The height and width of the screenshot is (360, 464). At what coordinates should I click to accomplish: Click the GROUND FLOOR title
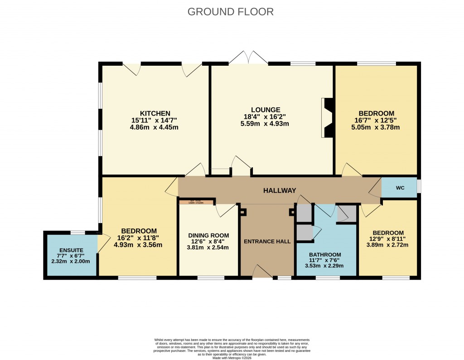pos(231,12)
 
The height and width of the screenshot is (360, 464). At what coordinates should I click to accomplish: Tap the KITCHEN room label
pos(155,113)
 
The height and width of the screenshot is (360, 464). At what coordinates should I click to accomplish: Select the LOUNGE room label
pos(266,110)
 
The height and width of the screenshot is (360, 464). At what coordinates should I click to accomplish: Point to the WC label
pos(400,188)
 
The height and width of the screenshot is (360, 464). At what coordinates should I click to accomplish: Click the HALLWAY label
pos(280,191)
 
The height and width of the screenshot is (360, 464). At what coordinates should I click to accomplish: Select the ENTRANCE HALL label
pos(267,241)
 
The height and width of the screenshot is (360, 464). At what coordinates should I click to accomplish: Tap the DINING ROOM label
pos(208,235)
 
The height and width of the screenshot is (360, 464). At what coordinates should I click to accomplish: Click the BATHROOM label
pos(325,254)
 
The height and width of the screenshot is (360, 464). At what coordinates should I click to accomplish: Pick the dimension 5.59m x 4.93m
pos(266,124)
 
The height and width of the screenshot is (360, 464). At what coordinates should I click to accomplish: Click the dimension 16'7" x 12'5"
pos(376,120)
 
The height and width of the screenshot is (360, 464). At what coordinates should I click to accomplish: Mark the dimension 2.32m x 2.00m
pos(71,261)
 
